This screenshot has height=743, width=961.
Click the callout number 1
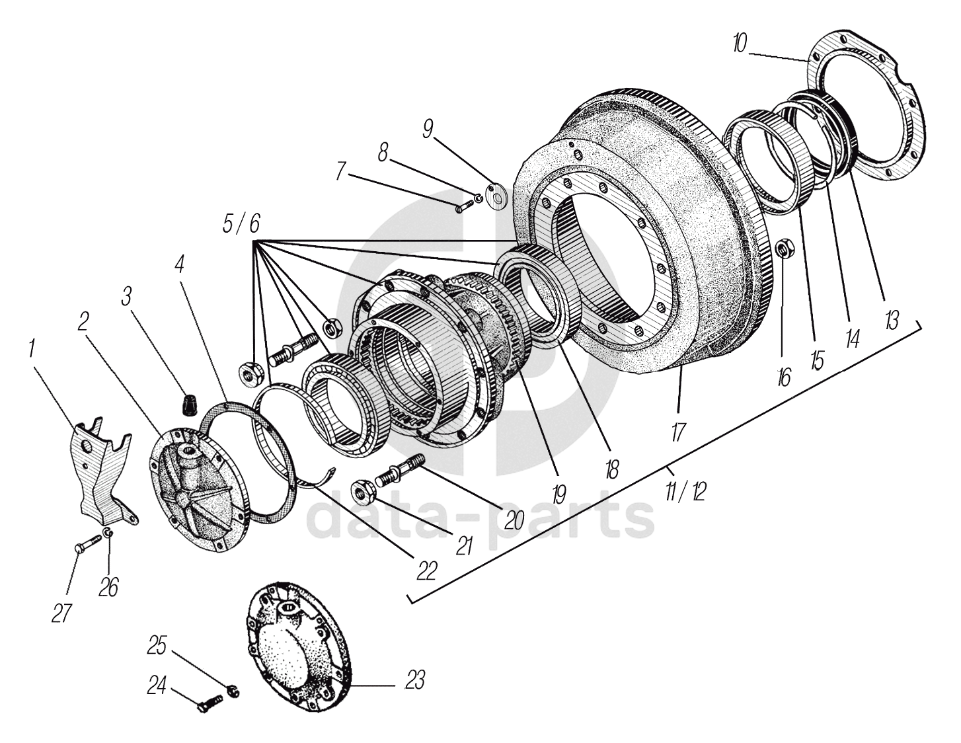point(32,349)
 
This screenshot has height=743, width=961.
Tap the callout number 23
point(414,680)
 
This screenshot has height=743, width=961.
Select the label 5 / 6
point(241,225)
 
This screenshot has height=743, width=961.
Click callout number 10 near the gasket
point(739,44)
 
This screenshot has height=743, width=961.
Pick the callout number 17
point(677,432)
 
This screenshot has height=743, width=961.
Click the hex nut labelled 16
point(781,249)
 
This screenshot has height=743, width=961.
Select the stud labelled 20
point(399,471)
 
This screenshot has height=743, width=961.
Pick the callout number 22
point(427,570)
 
